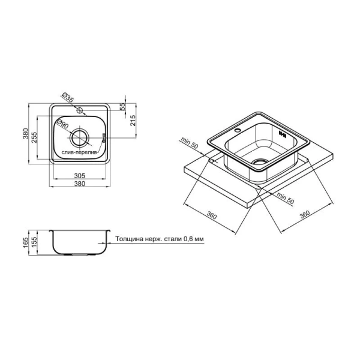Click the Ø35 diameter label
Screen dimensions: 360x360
click(x=67, y=97)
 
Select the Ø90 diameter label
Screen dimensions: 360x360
click(x=62, y=124)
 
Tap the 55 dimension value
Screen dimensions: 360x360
click(x=123, y=107)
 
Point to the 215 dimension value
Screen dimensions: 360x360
click(x=133, y=121)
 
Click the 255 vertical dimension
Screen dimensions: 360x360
click(x=34, y=137)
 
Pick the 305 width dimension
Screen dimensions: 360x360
click(x=80, y=176)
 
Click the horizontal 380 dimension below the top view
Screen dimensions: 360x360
click(x=80, y=184)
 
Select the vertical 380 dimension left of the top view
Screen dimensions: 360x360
click(x=25, y=133)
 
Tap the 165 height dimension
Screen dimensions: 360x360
click(x=25, y=242)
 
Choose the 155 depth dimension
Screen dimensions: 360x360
click(x=34, y=242)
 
